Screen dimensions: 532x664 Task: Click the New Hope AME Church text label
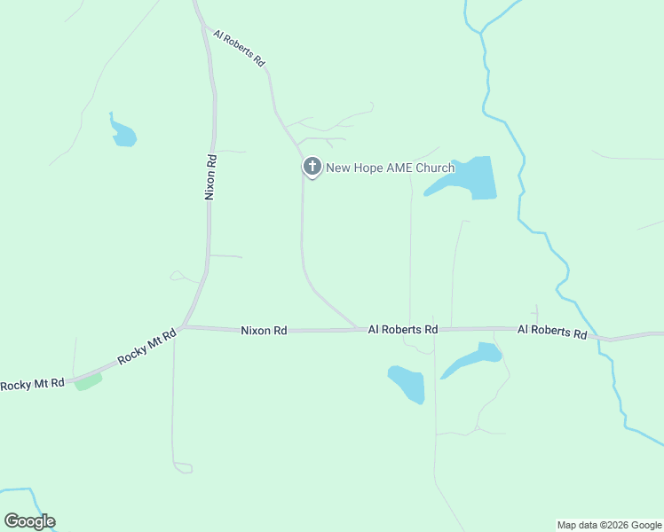pos(391,168)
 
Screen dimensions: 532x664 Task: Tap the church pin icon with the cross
pos(312,166)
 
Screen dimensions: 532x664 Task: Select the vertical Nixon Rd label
pos(210,176)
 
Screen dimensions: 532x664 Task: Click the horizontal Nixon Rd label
pos(264,331)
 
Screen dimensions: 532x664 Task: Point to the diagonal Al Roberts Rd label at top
pos(239,49)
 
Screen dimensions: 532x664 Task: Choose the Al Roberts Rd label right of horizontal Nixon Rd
pos(403,330)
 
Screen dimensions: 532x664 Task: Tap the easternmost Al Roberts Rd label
pos(552,332)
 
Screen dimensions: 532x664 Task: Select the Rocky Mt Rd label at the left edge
pos(33,384)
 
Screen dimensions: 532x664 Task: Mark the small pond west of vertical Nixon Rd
pos(123,133)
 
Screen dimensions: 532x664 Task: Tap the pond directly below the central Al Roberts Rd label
pos(407,383)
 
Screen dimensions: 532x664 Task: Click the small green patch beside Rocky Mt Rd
pos(88,381)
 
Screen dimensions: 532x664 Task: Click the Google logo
pos(29,521)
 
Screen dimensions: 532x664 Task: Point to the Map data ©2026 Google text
pos(610,525)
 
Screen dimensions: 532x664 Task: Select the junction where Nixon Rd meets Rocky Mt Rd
pos(181,327)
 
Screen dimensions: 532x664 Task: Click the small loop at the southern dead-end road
pos(183,467)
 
